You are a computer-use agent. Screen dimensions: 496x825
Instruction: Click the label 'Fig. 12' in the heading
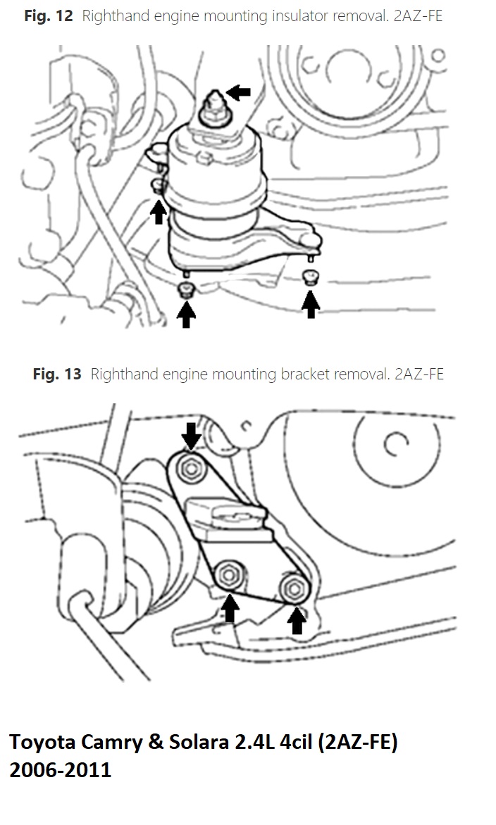click(49, 15)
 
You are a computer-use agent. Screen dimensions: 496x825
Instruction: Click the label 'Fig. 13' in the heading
click(57, 374)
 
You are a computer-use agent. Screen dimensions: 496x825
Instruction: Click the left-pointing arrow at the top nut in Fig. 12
click(238, 93)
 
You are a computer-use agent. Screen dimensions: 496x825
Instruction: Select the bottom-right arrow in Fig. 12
click(311, 306)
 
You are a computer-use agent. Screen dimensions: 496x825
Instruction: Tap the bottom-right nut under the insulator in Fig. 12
click(310, 277)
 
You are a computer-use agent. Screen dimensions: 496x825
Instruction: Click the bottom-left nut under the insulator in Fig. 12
click(185, 289)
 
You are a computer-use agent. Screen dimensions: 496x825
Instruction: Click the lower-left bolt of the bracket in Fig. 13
click(229, 574)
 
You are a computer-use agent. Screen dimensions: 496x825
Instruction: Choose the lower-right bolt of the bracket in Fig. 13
click(293, 588)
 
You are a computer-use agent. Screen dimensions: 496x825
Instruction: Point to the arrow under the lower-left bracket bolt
click(230, 608)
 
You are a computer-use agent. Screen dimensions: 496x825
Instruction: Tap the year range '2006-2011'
click(61, 770)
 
